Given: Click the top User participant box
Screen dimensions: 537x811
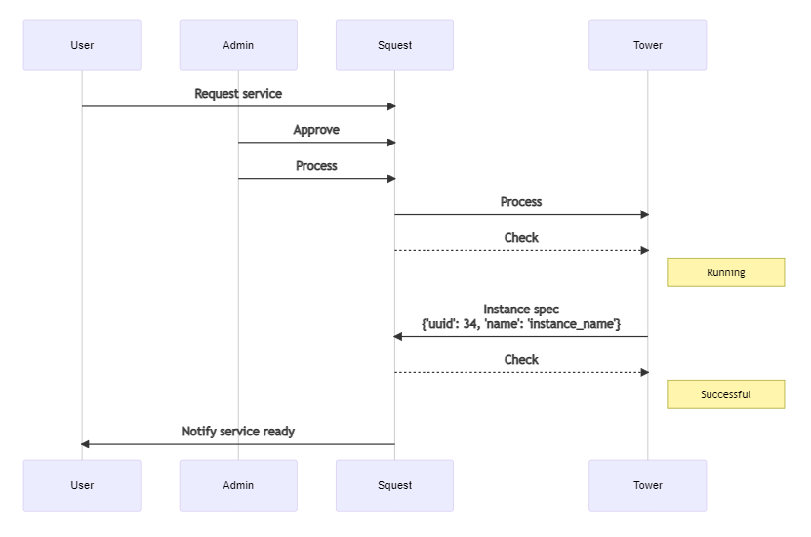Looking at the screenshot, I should (x=82, y=45).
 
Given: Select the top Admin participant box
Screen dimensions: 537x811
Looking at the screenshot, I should (x=238, y=45).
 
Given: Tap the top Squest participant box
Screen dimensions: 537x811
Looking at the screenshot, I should (x=394, y=45).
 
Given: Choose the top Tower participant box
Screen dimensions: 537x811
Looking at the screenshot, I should (x=647, y=45).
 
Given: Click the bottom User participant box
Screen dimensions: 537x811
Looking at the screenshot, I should (x=82, y=485).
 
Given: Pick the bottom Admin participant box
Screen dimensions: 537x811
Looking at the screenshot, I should (x=238, y=485).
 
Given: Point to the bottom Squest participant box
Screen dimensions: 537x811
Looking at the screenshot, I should (x=394, y=485).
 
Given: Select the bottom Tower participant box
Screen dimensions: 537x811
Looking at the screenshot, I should (x=647, y=485).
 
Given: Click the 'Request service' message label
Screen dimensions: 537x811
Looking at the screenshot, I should (x=238, y=94).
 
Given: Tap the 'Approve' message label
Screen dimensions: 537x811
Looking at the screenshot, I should (x=316, y=130).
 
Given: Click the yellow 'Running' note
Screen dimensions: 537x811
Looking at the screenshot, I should (x=725, y=272).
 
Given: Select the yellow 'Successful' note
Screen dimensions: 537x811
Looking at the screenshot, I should (x=725, y=394).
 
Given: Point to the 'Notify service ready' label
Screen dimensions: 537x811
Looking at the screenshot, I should (x=238, y=431).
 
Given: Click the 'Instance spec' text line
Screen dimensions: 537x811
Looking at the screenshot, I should (x=521, y=310).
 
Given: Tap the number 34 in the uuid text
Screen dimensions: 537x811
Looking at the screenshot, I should (x=470, y=323).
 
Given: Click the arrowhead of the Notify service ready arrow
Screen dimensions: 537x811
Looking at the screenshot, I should (x=86, y=444).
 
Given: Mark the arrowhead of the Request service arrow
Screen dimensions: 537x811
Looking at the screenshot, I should (x=390, y=106).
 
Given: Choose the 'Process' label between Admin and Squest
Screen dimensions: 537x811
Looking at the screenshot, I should (x=316, y=166).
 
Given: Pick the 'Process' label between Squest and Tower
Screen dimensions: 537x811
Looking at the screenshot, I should (x=521, y=202).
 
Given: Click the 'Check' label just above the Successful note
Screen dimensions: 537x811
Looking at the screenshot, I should (x=521, y=359).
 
